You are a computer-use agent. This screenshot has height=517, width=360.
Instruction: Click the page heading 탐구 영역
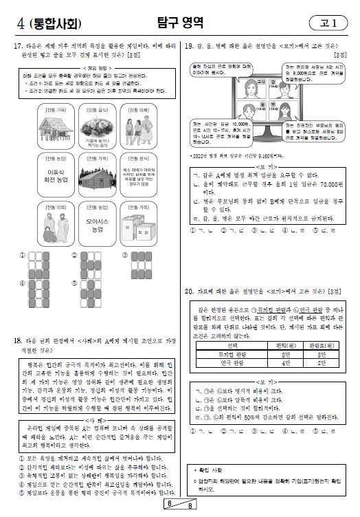pyautogui.click(x=181, y=23)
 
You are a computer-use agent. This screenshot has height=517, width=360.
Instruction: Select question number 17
pyautogui.click(x=19, y=46)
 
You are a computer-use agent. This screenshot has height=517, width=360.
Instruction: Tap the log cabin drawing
pyautogui.click(x=96, y=177)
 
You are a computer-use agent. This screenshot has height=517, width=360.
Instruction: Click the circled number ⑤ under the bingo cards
pyautogui.click(x=74, y=282)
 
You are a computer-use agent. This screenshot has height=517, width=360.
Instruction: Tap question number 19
pyautogui.click(x=190, y=46)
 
